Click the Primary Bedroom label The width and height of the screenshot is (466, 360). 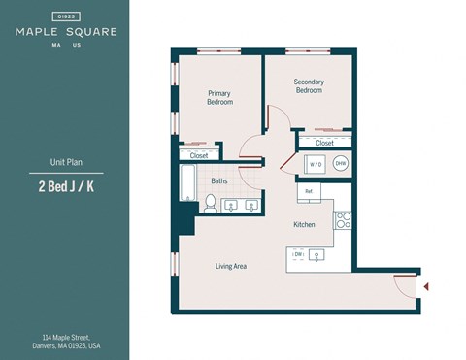coord(219,97)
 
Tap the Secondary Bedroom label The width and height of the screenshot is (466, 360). coord(309,87)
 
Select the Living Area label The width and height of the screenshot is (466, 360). coord(230,265)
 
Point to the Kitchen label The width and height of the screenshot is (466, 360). coord(305,225)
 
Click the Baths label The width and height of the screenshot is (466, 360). coord(219,180)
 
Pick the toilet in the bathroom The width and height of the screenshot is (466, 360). coord(209,203)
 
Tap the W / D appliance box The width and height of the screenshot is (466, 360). coord(316,165)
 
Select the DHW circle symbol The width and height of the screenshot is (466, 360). coord(340,164)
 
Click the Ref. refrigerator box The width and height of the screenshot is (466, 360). coord(310,191)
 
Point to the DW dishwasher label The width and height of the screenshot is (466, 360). coord(299,254)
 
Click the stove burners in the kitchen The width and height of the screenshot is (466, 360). coord(343,219)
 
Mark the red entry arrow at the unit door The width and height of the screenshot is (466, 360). coord(424,286)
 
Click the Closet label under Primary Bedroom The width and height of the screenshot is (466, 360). coord(199,155)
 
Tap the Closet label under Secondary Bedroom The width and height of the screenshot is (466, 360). coord(324,143)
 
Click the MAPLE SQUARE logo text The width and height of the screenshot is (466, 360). coord(66,31)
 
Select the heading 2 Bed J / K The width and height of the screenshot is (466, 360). coord(66,188)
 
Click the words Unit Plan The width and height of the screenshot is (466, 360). coord(66,163)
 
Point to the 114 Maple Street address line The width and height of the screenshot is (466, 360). coord(66,336)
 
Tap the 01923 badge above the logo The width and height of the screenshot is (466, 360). coord(66,16)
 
